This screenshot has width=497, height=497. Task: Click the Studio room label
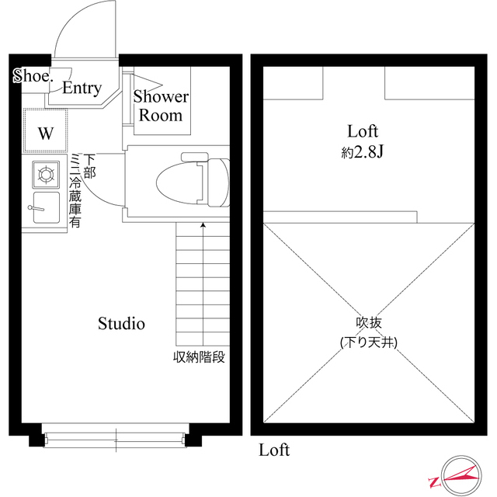point(121,323)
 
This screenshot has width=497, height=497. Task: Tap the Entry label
point(82,88)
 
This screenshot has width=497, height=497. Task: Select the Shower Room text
point(161,106)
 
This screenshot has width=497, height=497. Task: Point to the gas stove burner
point(46,175)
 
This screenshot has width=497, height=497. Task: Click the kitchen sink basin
point(47,208)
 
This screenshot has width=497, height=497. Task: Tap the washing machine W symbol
point(46,133)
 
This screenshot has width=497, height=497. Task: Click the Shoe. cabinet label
point(33,76)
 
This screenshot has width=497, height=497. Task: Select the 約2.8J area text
point(363,152)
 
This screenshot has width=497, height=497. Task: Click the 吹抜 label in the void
point(369,323)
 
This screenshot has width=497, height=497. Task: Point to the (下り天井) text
point(369,342)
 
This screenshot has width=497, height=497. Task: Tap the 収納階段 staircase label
point(199,357)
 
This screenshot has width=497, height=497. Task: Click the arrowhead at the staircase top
point(203,224)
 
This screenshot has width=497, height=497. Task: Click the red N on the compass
point(433,482)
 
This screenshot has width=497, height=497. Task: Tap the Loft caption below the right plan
point(274,450)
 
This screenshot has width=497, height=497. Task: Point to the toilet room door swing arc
point(95,194)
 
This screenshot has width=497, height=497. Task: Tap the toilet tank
point(219,183)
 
